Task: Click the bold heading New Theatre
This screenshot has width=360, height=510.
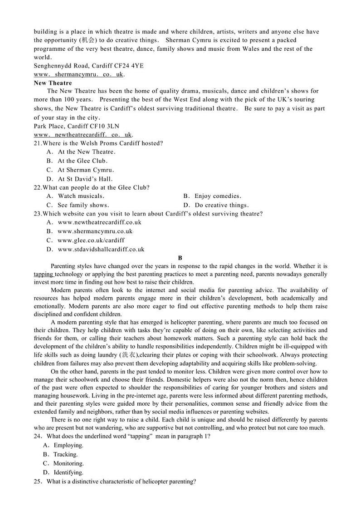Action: click(x=53, y=83)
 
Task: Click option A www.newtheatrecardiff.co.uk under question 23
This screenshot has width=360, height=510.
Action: click(x=100, y=222)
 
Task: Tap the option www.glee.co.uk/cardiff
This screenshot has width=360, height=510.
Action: click(x=91, y=240)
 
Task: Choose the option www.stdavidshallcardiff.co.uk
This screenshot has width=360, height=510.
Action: click(x=101, y=249)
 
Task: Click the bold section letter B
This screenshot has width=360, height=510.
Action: click(x=180, y=258)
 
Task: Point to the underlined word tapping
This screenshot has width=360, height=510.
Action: click(x=44, y=274)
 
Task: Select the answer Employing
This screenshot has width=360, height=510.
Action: click(x=68, y=445)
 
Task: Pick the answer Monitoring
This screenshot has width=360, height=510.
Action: click(x=68, y=463)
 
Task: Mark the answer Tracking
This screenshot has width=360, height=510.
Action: click(x=66, y=454)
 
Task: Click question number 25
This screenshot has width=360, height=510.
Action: click(x=39, y=481)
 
